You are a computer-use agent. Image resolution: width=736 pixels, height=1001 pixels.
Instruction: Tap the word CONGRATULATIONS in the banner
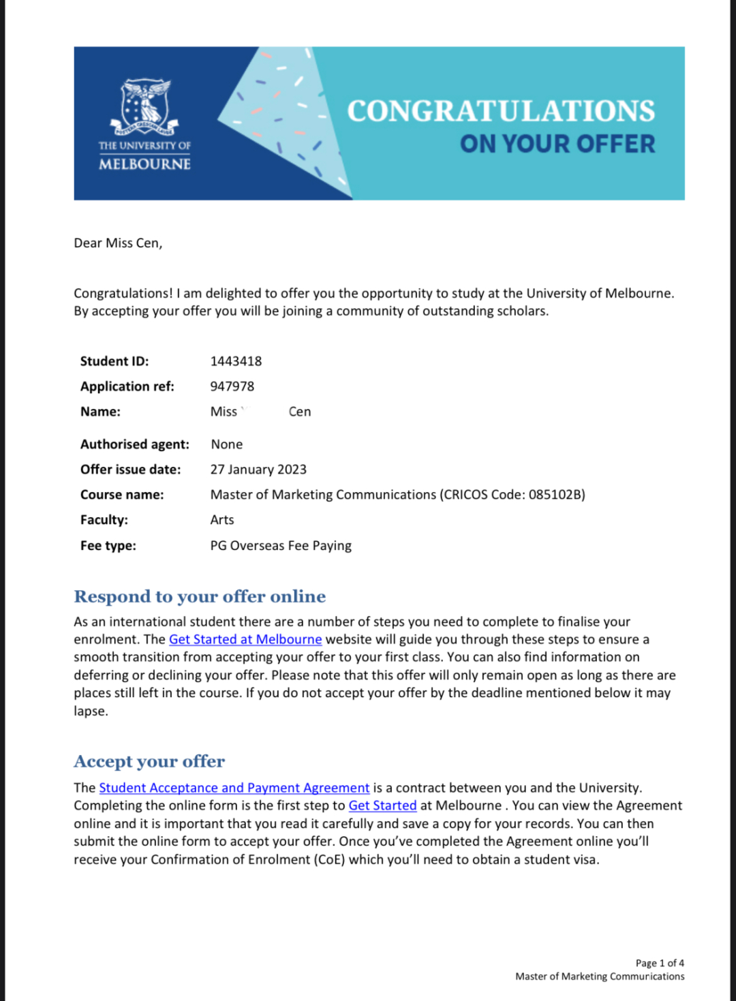point(501,111)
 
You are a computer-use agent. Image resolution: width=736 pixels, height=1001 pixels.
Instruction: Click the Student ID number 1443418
point(236,361)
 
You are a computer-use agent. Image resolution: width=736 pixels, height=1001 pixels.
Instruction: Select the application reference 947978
point(232,386)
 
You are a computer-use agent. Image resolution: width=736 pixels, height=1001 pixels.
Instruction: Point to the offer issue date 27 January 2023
point(258,469)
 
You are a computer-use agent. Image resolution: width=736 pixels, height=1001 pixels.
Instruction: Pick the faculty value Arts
point(221,520)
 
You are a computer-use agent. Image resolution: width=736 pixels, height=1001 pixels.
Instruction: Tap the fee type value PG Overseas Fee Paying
point(281,546)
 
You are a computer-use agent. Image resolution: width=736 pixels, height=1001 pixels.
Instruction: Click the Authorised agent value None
point(226,444)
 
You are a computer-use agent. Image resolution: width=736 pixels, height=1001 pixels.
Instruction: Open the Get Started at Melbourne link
point(245,640)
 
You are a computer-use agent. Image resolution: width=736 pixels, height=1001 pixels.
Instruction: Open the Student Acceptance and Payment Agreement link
point(234,788)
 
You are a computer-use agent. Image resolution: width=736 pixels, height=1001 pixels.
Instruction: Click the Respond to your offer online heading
point(200,597)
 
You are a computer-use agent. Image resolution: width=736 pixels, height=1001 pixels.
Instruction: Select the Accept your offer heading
point(149,762)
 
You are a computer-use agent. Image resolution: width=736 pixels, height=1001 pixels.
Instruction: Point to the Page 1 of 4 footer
point(659,963)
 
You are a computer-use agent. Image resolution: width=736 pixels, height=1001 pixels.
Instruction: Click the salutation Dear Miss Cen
point(118,243)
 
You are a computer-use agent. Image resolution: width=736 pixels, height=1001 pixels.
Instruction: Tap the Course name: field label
point(122,495)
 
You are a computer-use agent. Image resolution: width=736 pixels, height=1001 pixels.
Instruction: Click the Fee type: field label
point(108,546)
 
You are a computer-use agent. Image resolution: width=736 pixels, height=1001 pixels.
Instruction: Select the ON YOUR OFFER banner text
point(557,144)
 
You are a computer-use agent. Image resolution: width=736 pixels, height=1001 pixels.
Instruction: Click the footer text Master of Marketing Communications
point(600,976)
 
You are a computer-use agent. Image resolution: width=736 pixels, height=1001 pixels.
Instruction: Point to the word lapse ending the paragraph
point(90,711)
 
